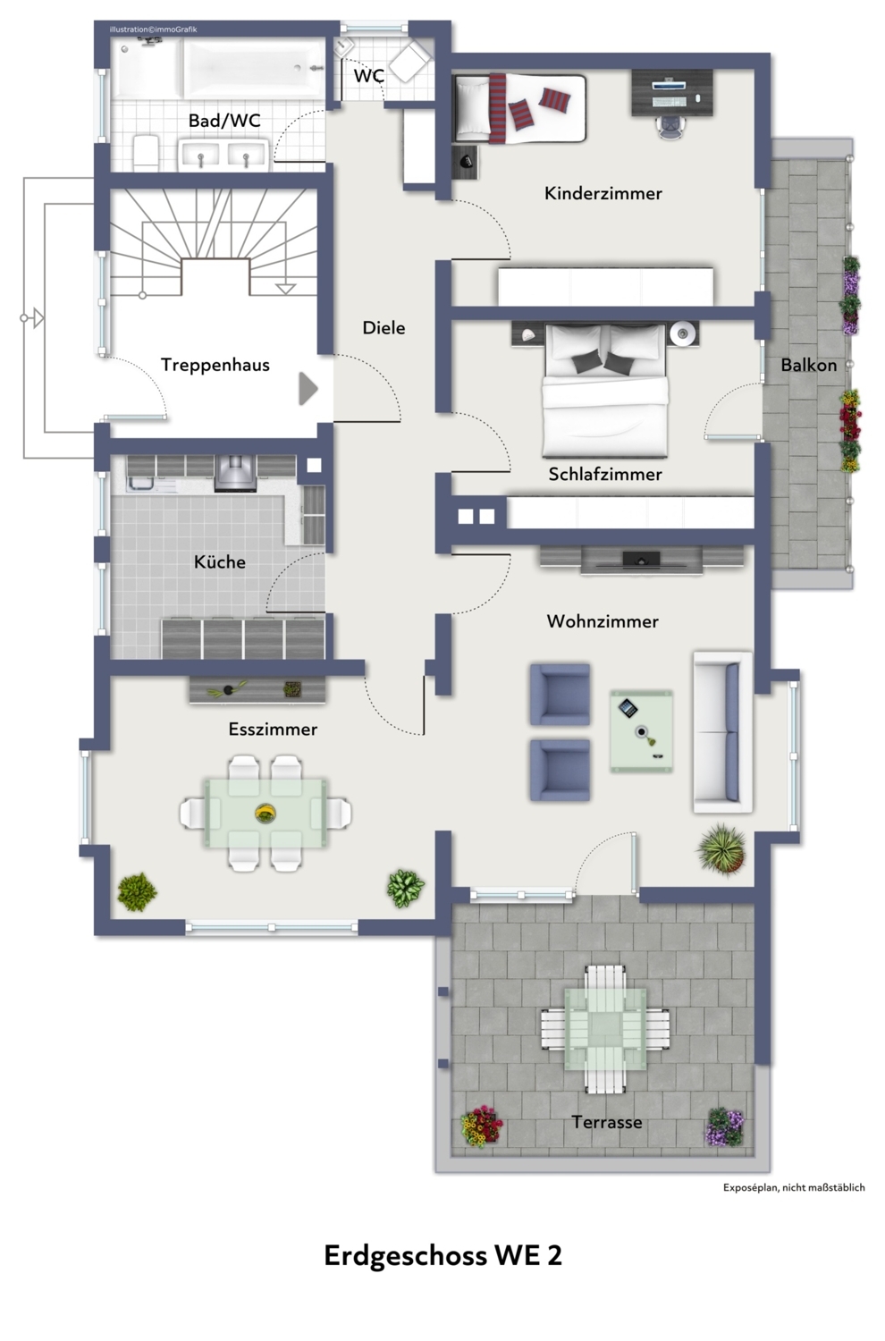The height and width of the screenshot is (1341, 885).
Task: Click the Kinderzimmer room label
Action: click(x=603, y=193)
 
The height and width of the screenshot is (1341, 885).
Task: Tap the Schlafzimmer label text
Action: click(x=605, y=474)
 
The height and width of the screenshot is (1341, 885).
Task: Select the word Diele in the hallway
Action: click(x=383, y=327)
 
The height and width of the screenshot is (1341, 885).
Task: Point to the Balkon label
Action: click(x=808, y=365)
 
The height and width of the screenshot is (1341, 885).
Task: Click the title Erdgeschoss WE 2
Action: click(x=443, y=1255)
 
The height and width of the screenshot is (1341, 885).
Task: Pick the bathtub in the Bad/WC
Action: click(x=254, y=68)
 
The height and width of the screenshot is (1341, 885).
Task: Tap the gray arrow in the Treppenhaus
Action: click(x=308, y=389)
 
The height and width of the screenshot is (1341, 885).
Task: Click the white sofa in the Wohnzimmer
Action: click(x=722, y=732)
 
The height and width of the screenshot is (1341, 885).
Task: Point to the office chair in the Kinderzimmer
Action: click(x=671, y=126)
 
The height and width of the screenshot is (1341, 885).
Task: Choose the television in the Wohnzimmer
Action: click(x=641, y=560)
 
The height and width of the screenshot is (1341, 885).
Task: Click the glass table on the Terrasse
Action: click(x=605, y=1028)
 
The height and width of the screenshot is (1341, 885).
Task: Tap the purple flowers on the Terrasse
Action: click(x=726, y=1127)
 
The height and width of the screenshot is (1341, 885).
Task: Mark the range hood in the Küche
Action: click(x=235, y=473)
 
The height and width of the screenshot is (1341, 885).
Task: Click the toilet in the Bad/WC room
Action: click(x=146, y=153)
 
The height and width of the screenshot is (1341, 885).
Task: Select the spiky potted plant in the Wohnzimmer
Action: click(x=721, y=849)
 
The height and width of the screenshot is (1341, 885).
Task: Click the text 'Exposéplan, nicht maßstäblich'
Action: click(x=794, y=1187)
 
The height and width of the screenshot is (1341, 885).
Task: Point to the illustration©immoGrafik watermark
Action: click(x=153, y=30)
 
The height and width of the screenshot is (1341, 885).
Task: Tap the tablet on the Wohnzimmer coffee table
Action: click(x=628, y=708)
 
